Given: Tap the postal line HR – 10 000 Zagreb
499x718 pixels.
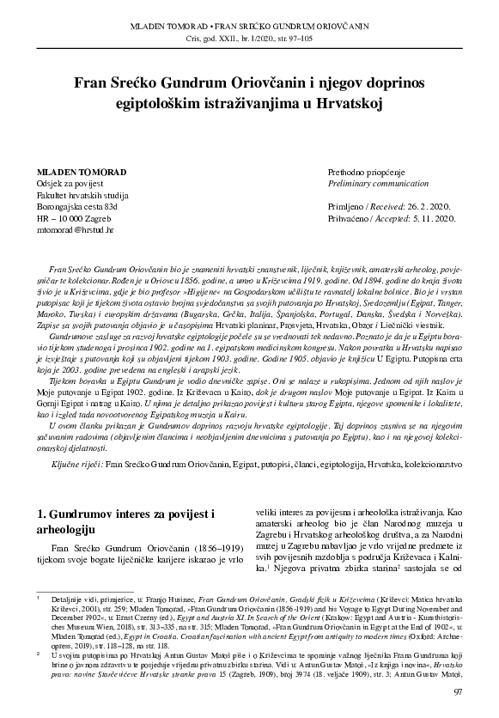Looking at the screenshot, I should click(74, 220).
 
